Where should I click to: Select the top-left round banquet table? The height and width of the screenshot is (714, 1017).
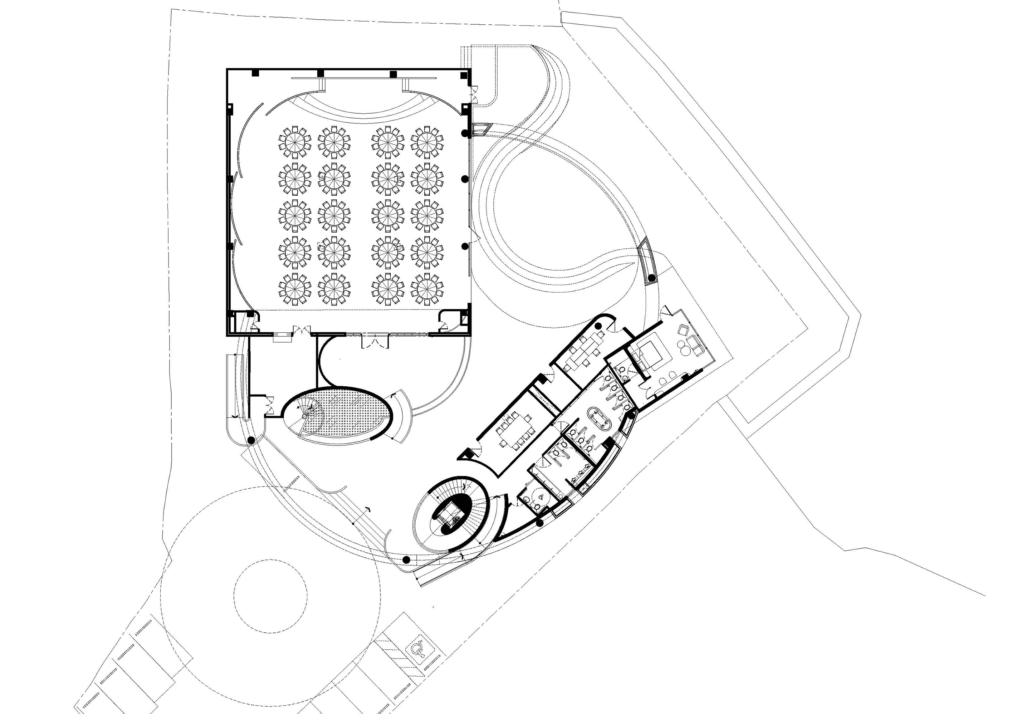pos(294,142)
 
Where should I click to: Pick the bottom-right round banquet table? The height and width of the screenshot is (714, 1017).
pos(427,288)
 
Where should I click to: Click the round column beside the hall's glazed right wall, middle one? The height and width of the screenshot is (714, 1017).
pos(465,179)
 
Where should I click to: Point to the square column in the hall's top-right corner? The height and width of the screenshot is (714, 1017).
pos(463,75)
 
